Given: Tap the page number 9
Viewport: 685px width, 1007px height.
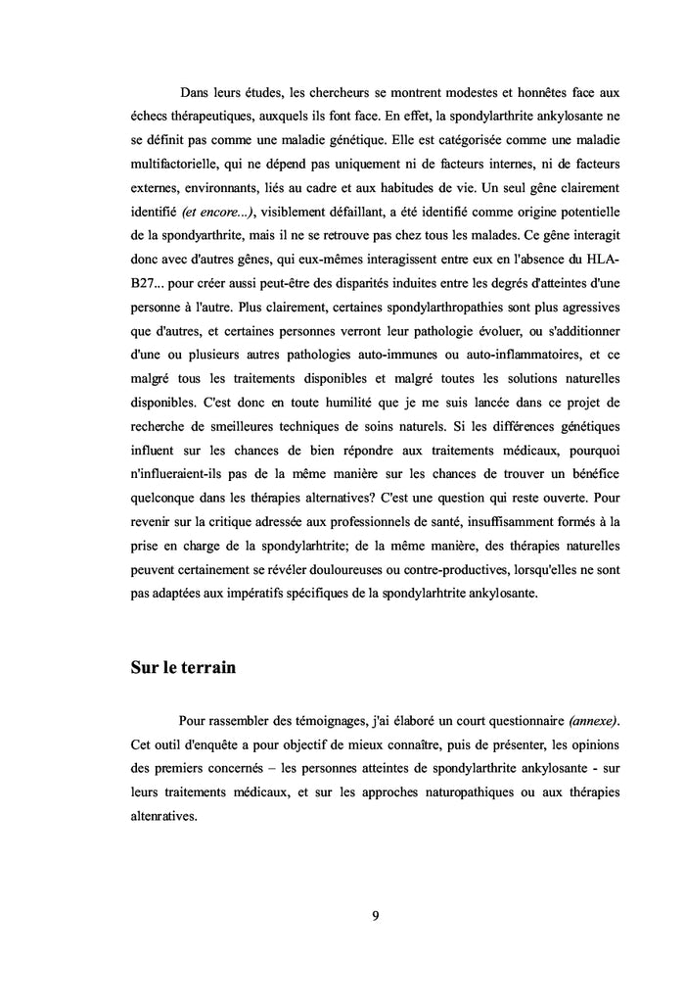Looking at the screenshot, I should point(376,916).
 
